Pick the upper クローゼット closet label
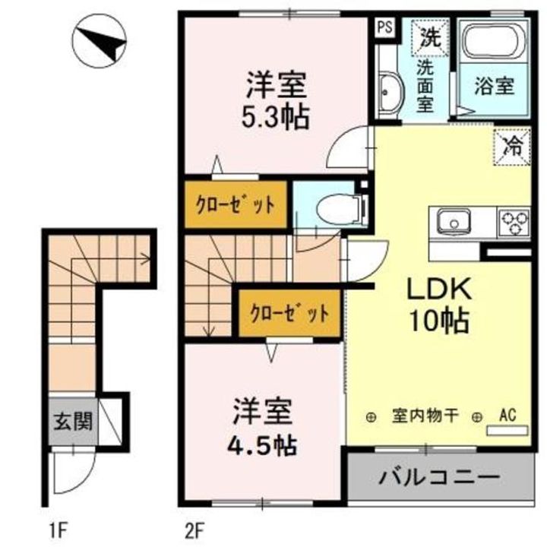236,205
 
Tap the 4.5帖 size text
263,441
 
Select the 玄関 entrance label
73,421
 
